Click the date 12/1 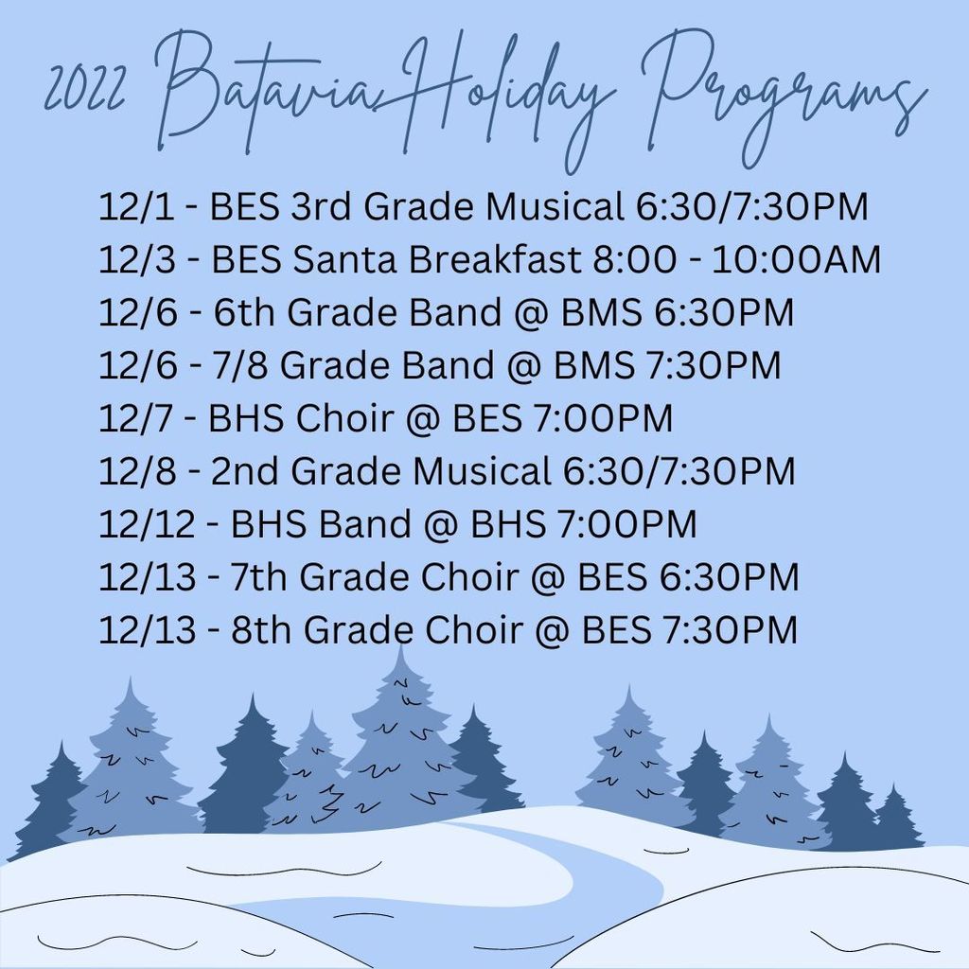(x=136, y=206)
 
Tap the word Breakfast (x=494, y=259)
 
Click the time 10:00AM (x=796, y=259)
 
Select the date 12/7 (x=136, y=418)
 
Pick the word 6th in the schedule (x=243, y=312)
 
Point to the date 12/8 (x=137, y=471)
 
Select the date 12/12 (x=147, y=524)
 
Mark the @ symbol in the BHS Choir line (x=423, y=419)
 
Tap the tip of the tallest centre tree (x=401, y=645)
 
